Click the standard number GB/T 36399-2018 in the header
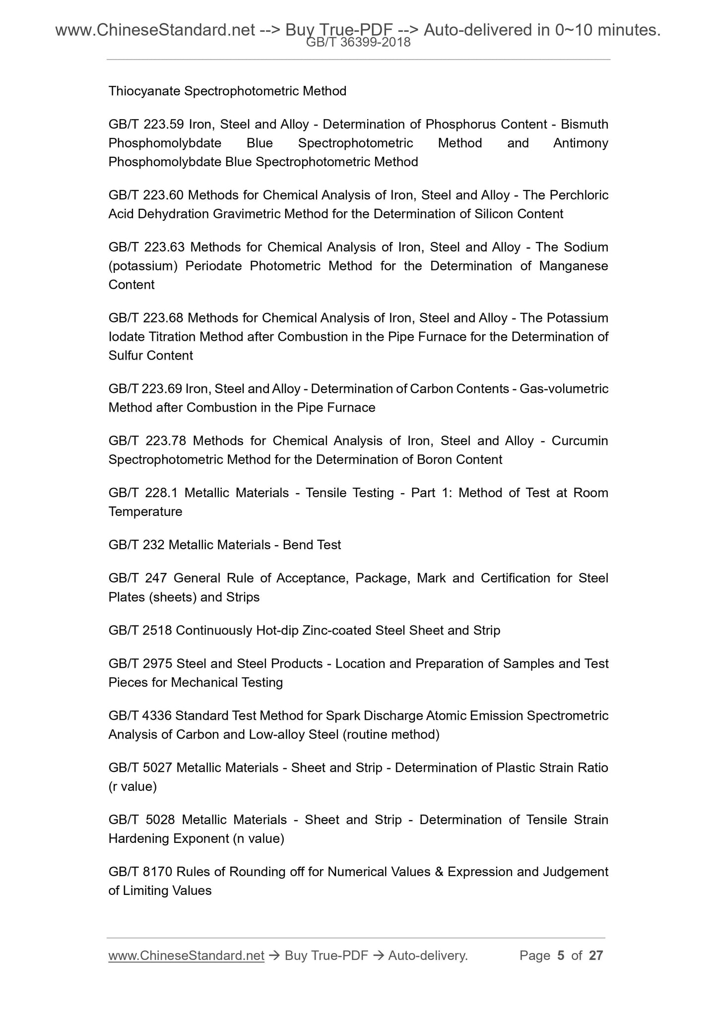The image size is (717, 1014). tap(358, 43)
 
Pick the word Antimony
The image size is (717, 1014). tap(581, 143)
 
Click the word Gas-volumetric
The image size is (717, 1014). tap(564, 389)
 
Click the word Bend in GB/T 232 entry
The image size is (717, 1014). tap(296, 545)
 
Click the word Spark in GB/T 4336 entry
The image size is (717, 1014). tap(343, 716)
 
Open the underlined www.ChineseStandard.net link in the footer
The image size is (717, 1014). tap(186, 955)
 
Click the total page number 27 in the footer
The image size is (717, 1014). tap(595, 955)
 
